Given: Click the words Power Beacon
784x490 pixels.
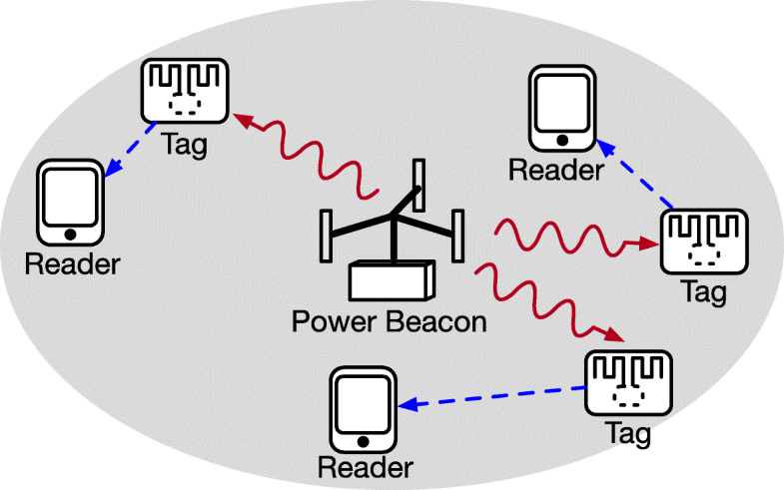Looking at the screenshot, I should [389, 322].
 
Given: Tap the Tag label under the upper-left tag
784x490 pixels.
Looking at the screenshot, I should [184, 145].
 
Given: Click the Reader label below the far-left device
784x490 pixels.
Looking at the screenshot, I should [72, 264].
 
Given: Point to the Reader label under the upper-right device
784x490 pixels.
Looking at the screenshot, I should [556, 170].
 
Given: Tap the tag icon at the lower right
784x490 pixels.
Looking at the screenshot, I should [627, 384].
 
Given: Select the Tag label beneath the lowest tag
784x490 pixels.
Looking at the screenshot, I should [628, 435].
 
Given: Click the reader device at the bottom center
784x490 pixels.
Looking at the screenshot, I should [363, 410].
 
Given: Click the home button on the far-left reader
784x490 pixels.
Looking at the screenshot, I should [70, 234].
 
